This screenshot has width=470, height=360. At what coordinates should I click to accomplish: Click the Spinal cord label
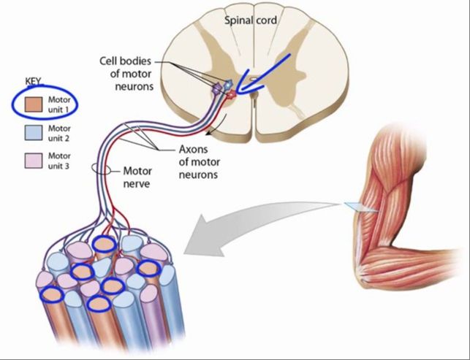(251, 20)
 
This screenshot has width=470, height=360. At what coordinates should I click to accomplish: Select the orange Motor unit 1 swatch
(34, 104)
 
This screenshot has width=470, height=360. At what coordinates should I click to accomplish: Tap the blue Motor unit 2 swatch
(34, 133)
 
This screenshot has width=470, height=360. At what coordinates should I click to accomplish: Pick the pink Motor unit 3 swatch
(34, 161)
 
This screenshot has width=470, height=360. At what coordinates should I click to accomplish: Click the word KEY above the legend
(34, 81)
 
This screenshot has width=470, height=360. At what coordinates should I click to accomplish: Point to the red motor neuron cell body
(231, 95)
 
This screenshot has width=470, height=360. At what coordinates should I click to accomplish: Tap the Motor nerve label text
(137, 177)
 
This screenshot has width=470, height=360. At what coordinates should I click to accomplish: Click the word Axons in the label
(193, 149)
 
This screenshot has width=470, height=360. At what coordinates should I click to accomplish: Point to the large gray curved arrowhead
(204, 237)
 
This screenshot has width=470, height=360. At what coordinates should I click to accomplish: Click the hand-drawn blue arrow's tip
(237, 91)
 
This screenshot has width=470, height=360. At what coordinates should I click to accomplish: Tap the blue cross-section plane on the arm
(361, 207)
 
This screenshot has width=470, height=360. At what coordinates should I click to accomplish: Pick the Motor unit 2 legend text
(59, 134)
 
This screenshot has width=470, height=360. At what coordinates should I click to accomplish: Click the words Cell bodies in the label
(125, 61)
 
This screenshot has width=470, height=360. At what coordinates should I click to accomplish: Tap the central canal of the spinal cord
(254, 80)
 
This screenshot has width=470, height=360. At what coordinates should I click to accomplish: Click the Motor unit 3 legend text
(59, 161)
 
